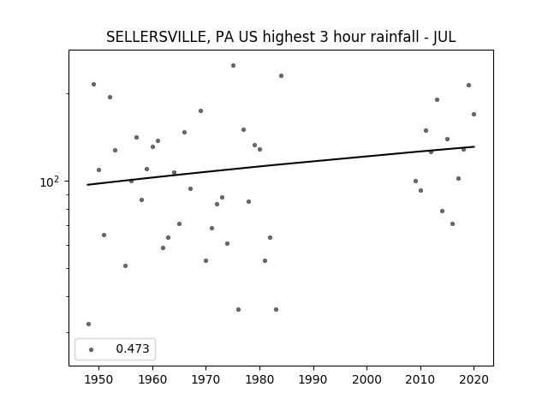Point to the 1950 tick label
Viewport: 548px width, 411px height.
point(99,379)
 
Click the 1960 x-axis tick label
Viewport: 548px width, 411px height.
point(152,379)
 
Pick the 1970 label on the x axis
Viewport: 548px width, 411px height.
point(206,379)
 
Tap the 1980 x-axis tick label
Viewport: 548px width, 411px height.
point(259,379)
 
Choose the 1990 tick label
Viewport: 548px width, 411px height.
point(313,379)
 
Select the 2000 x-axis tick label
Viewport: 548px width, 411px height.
point(367,379)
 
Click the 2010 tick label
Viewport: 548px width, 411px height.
point(420,379)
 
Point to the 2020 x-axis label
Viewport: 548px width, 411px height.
point(474,379)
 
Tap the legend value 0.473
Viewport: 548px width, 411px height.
point(133,348)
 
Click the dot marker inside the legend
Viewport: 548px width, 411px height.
point(92,349)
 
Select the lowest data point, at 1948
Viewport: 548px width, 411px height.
point(88,324)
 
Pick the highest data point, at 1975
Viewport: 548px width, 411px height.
point(233,65)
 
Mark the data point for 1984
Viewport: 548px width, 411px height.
point(282,76)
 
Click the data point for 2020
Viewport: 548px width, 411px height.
point(474,114)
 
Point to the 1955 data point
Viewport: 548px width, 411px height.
point(126,266)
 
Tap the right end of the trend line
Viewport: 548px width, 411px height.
point(474,146)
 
